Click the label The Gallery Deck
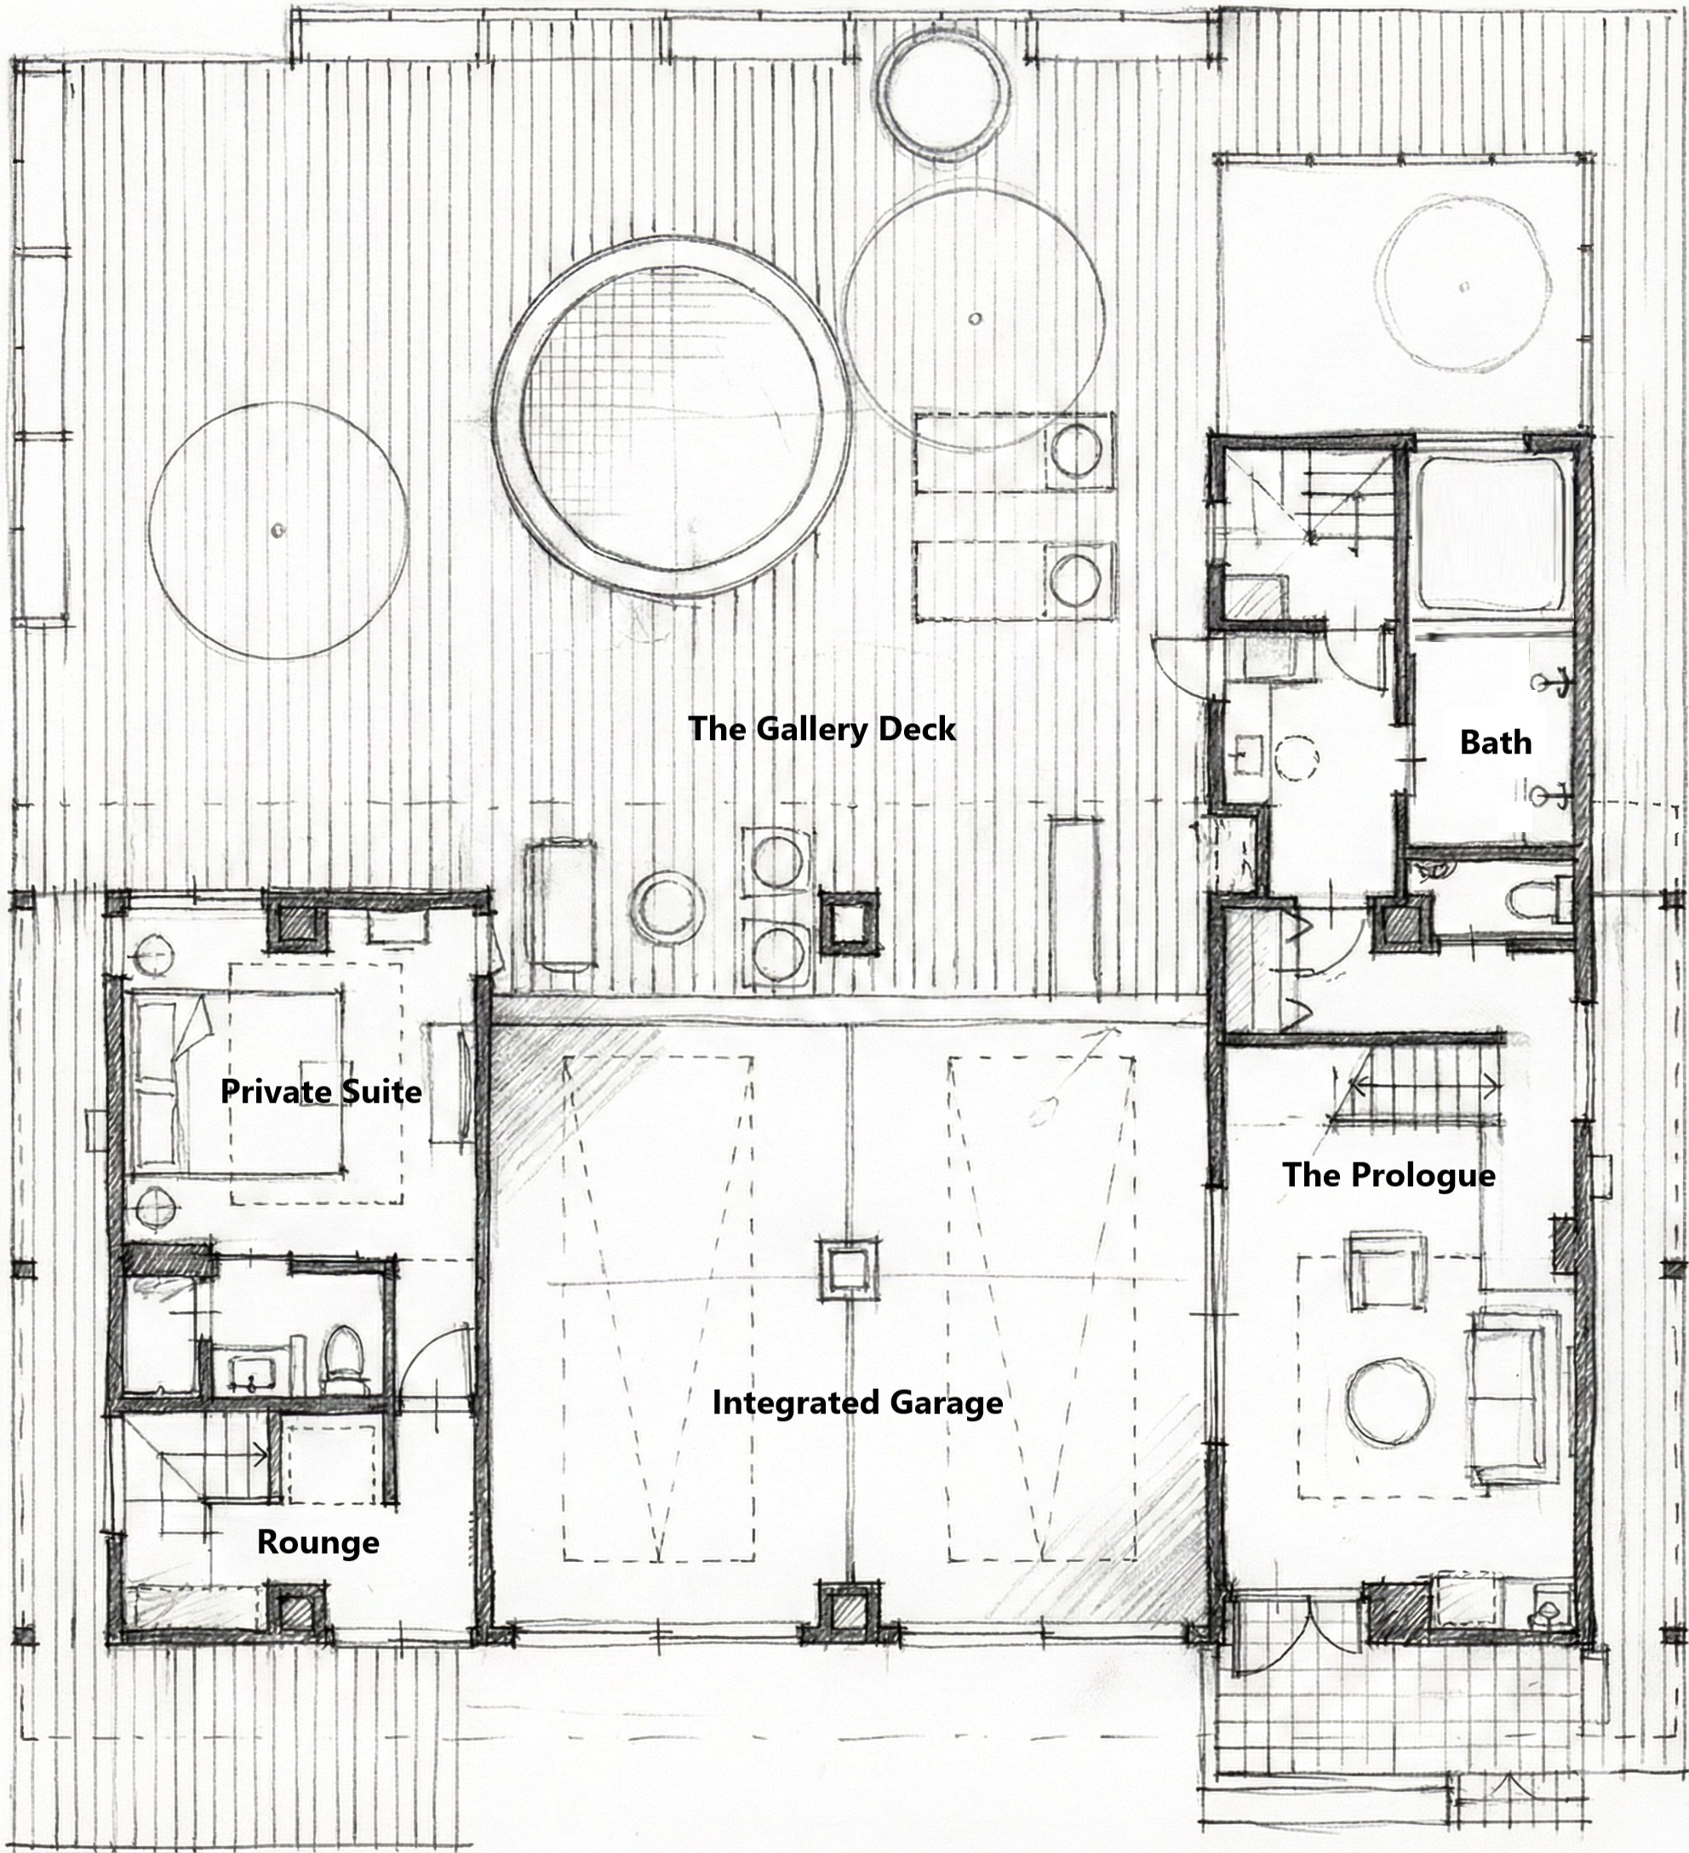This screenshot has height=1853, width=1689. [x=822, y=729]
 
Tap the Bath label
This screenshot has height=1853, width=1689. [x=1496, y=742]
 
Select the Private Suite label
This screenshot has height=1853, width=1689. [x=321, y=1091]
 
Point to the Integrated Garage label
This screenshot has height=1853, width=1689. [x=857, y=1403]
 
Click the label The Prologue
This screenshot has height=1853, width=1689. [x=1388, y=1174]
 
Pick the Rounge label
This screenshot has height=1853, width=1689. [x=318, y=1541]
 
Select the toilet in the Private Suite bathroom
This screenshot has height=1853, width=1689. [x=344, y=1359]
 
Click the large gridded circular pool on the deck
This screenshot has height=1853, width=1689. [x=670, y=418]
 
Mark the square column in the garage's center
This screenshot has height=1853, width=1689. [x=847, y=1271]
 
